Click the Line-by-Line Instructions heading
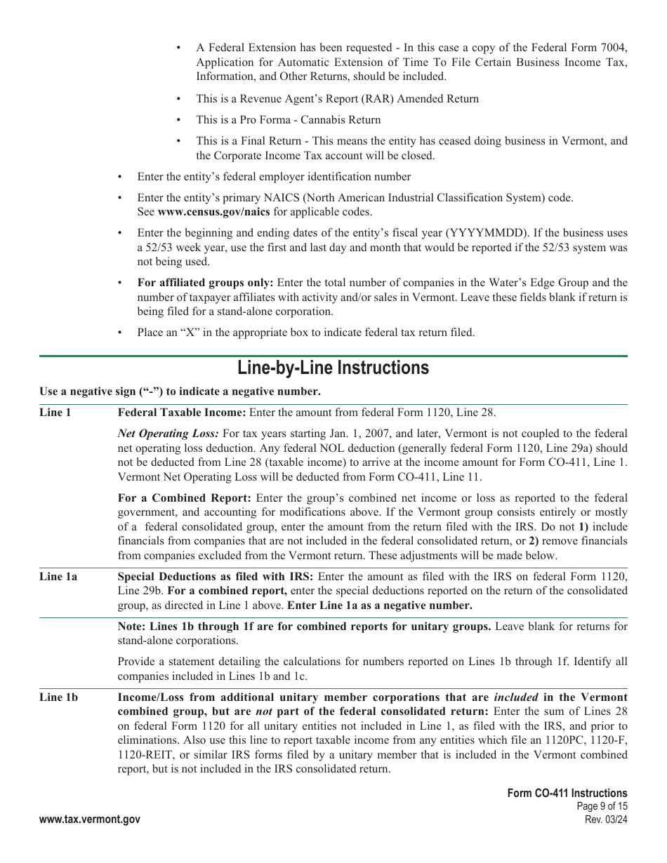(x=333, y=368)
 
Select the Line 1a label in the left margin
(x=58, y=577)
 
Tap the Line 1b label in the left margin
(x=58, y=697)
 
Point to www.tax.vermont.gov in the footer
(x=89, y=819)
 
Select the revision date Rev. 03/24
(x=606, y=819)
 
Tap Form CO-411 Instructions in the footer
(x=567, y=794)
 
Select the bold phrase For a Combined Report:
(x=184, y=498)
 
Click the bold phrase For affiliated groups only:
(x=206, y=283)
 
